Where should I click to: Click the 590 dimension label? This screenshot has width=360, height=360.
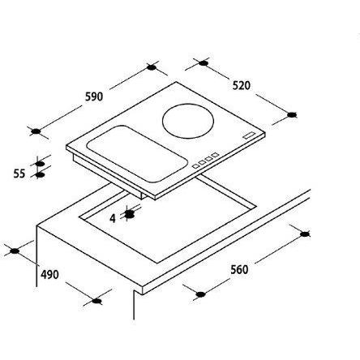click(x=93, y=97)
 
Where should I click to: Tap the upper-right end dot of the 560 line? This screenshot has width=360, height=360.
click(x=304, y=234)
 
